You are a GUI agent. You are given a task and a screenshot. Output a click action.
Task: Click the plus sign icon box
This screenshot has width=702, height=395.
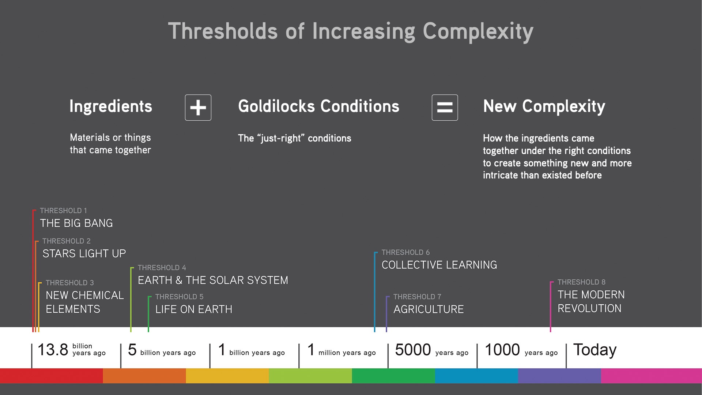coord(198,108)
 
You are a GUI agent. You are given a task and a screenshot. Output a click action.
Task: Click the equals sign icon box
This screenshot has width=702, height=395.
coord(445,108)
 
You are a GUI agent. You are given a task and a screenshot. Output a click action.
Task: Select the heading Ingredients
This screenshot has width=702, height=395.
coord(110,106)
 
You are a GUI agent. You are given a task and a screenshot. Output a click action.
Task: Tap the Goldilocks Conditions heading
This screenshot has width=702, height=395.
coord(318,106)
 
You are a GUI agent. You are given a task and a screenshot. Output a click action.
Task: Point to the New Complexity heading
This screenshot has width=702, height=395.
coord(544,106)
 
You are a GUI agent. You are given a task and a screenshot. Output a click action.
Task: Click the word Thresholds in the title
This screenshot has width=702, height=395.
coord(223,31)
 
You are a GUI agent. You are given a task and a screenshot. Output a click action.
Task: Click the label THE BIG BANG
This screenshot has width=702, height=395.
coord(76,223)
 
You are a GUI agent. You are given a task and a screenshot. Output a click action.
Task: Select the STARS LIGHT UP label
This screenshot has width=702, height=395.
coord(84,253)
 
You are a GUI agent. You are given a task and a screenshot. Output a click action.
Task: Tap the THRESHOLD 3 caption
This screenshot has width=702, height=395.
coord(69,283)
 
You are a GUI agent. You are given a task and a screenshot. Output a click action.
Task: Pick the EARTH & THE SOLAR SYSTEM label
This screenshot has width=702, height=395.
coord(213,280)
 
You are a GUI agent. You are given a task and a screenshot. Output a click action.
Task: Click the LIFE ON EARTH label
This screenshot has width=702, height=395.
coord(193,309)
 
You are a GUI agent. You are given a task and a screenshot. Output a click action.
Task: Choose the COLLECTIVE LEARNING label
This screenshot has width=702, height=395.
coord(439,265)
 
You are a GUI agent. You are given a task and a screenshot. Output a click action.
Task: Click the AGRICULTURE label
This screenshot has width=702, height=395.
coord(429,309)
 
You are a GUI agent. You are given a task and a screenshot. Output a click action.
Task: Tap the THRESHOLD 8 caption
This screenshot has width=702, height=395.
coord(581,282)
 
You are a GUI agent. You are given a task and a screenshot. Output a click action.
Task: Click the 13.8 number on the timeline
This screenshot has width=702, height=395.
coord(53,350)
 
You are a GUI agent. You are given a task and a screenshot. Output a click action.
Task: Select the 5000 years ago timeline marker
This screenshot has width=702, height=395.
coord(431,350)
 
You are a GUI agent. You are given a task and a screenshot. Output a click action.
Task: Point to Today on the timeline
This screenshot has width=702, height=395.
coord(595,350)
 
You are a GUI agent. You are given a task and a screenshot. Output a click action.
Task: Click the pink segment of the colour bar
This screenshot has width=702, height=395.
coord(651,376)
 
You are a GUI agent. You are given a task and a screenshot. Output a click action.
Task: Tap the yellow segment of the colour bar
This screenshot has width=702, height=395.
coord(227,376)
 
